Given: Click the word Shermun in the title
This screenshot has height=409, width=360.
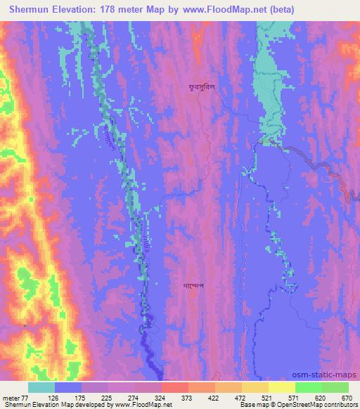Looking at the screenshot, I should pyautogui.click(x=34, y=9).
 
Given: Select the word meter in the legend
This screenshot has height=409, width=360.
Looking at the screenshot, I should pyautogui.click(x=12, y=398).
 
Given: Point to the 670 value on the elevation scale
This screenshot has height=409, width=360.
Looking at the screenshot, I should pyautogui.click(x=347, y=398).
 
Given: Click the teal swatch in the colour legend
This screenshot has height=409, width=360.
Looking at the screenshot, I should pyautogui.click(x=41, y=387).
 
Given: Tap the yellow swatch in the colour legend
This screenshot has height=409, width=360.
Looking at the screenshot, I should pyautogui.click(x=282, y=387).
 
